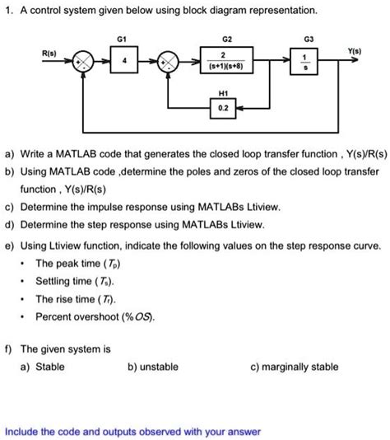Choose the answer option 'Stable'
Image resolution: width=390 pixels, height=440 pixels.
[x=50, y=367]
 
